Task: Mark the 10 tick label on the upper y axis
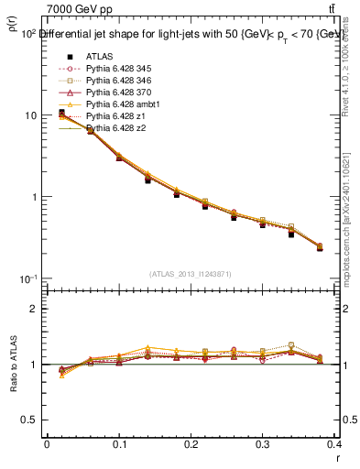[x=30, y=116]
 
